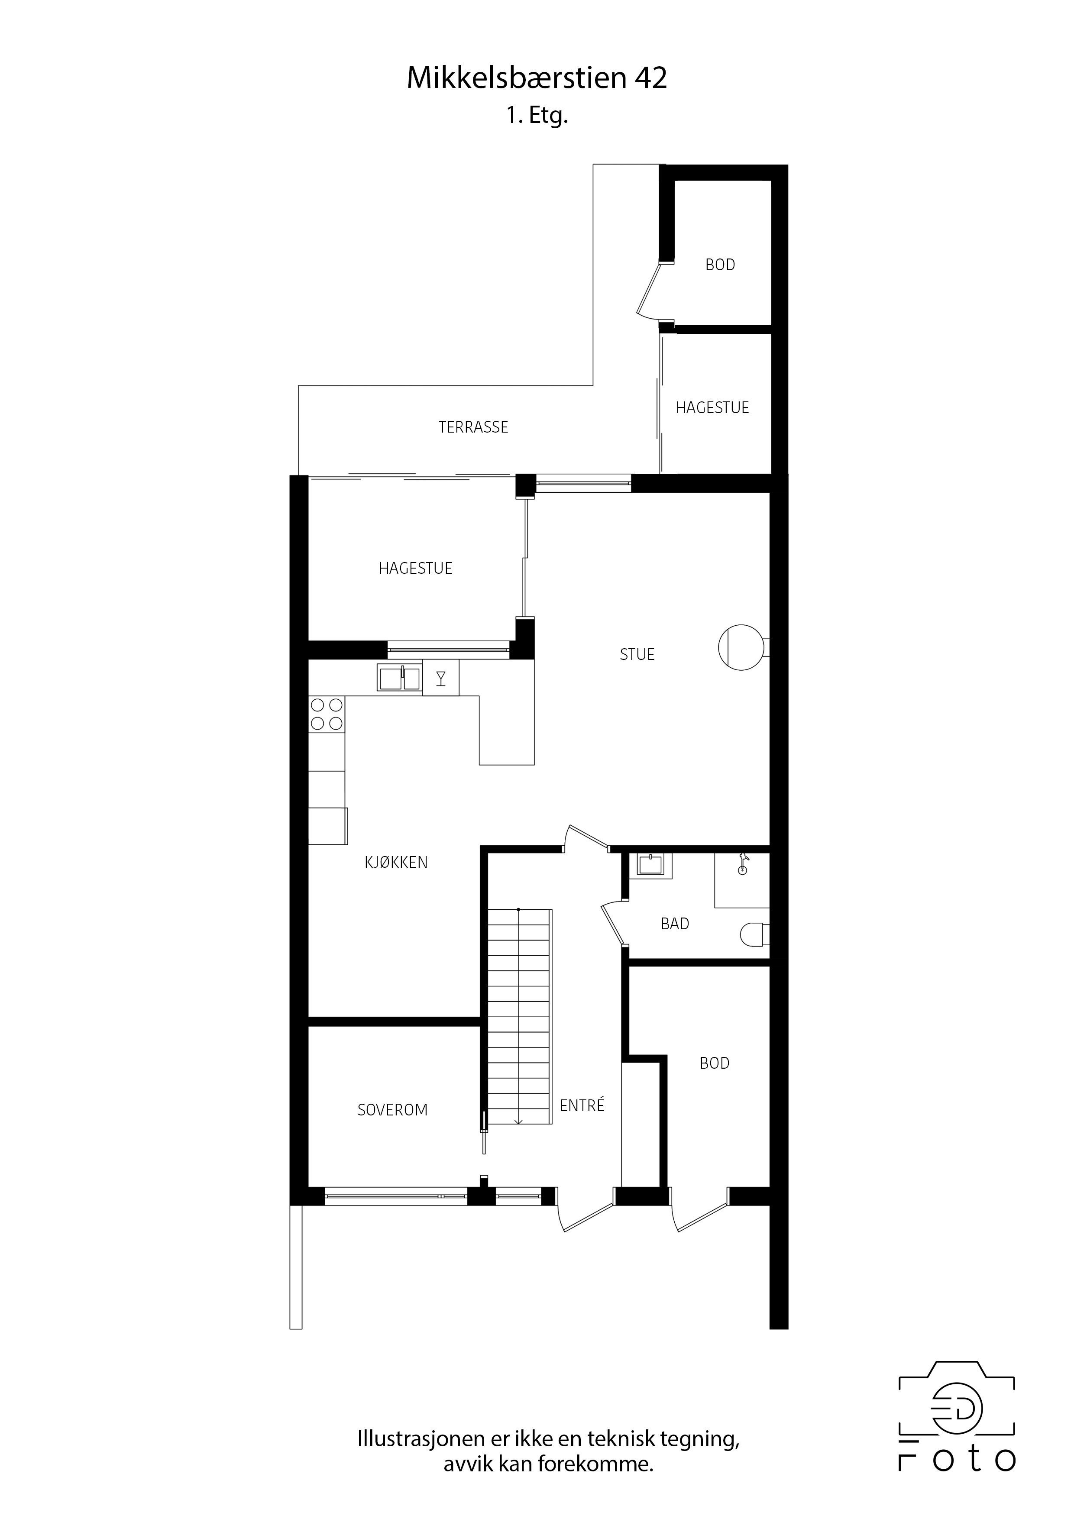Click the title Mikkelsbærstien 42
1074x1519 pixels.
click(x=537, y=78)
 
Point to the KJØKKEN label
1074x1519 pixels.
click(x=396, y=863)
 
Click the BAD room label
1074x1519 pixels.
click(x=675, y=924)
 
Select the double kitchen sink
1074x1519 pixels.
click(x=399, y=678)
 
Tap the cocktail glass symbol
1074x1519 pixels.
click(x=441, y=678)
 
